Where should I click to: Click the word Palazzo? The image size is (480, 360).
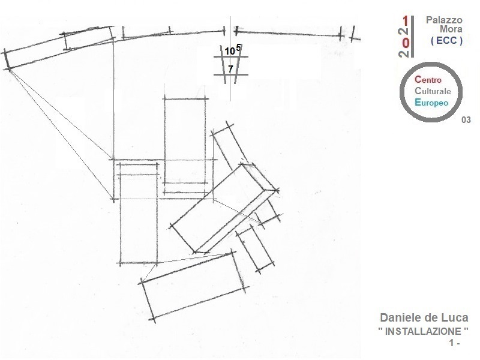pyautogui.click(x=444, y=20)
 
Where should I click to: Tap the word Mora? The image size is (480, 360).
pyautogui.click(x=451, y=29)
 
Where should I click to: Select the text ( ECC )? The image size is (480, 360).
pyautogui.click(x=446, y=40)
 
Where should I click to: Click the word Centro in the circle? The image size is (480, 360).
pyautogui.click(x=428, y=80)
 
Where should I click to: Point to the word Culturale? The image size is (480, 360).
pyautogui.click(x=433, y=91)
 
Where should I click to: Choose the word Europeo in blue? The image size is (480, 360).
pyautogui.click(x=431, y=103)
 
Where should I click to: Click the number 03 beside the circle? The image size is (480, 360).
pyautogui.click(x=466, y=120)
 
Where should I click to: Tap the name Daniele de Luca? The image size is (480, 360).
pyautogui.click(x=424, y=318)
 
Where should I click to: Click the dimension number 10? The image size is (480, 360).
pyautogui.click(x=230, y=52)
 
